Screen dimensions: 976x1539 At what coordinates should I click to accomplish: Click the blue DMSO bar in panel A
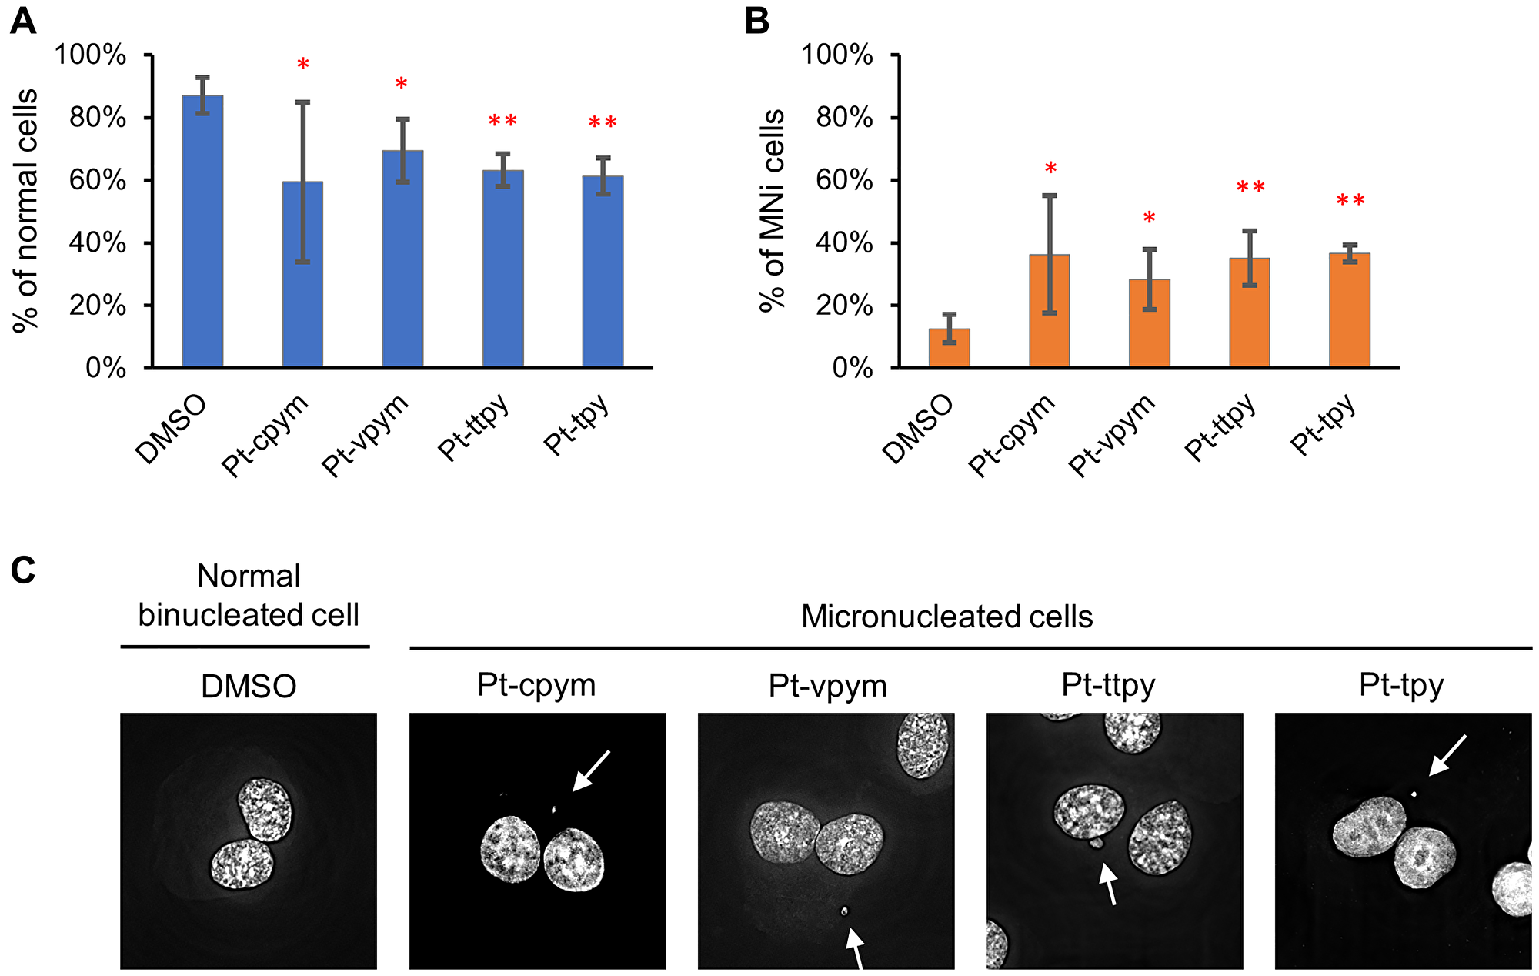point(202,231)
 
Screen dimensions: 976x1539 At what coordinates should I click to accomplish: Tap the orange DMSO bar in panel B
point(949,348)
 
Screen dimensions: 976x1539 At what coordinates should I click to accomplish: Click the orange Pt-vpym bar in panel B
point(1149,323)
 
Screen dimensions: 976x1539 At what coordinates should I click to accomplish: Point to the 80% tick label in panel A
point(98,118)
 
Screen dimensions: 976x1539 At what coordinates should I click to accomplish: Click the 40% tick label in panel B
point(844,243)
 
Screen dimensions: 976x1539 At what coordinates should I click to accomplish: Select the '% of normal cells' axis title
point(26,209)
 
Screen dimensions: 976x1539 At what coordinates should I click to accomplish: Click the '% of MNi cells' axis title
point(772,209)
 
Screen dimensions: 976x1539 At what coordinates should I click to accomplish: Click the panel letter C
point(23,571)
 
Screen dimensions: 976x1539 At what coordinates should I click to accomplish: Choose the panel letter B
point(757,22)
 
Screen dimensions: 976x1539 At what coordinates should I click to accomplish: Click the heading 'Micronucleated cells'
point(946,617)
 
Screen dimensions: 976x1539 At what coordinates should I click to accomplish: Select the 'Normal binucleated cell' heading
point(248,595)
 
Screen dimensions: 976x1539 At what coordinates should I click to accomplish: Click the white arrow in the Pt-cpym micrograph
point(592,770)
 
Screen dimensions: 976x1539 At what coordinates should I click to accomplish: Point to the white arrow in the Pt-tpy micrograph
point(1447,755)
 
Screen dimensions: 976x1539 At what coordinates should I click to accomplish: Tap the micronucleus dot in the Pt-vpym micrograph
point(844,911)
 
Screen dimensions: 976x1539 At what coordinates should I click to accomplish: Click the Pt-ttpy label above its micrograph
point(1108,684)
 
